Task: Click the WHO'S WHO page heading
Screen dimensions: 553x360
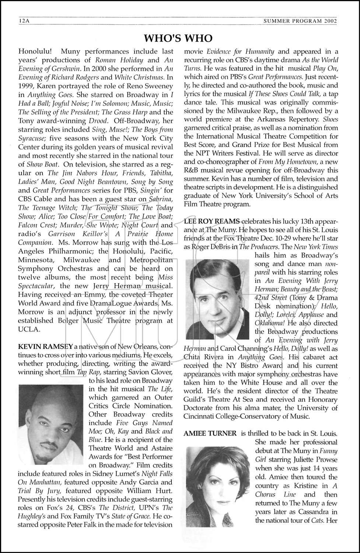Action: coord(178,38)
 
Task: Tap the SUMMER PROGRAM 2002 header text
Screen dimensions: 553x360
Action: coord(300,21)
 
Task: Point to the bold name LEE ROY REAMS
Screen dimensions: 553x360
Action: coord(212,221)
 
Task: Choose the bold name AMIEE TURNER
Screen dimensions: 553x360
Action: coord(210,434)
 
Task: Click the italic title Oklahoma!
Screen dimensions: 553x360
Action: coord(270,323)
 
